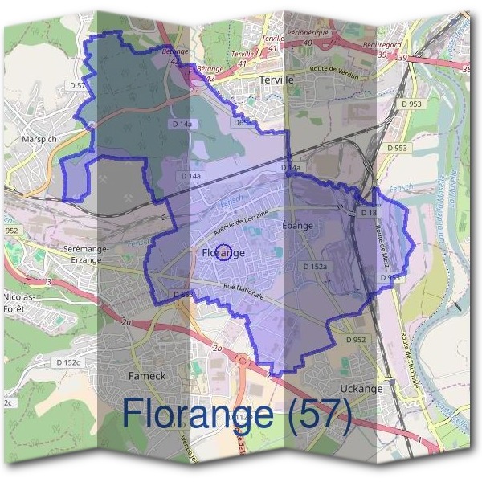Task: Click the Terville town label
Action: point(278,80)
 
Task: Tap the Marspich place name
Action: point(34,138)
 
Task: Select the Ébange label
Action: point(297,226)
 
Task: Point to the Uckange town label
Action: point(361,389)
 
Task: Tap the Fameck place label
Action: point(146,375)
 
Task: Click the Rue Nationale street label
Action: point(243,291)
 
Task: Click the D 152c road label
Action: point(69,362)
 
